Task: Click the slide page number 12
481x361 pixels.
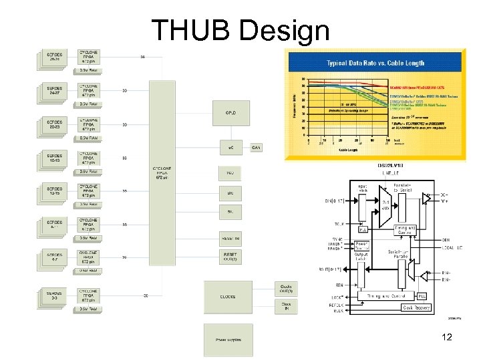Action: pyautogui.click(x=447, y=337)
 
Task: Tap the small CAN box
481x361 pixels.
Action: pyautogui.click(x=257, y=147)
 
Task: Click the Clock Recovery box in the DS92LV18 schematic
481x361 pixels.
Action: pyautogui.click(x=416, y=308)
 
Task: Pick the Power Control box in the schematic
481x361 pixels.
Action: pyautogui.click(x=361, y=245)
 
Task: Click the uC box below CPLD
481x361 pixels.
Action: pyautogui.click(x=229, y=147)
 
